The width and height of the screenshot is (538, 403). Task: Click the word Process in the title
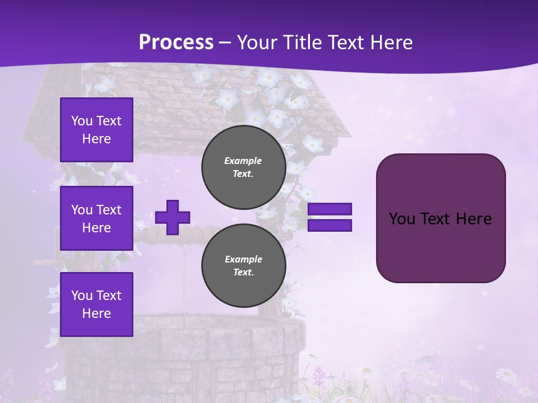pyautogui.click(x=176, y=43)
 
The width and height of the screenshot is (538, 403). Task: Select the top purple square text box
pyautogui.click(x=96, y=130)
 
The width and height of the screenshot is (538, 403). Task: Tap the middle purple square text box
pyautogui.click(x=96, y=218)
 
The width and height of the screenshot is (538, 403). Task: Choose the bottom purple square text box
pyautogui.click(x=96, y=304)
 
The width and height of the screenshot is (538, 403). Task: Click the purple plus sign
pyautogui.click(x=173, y=217)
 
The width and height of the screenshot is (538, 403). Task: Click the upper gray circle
pyautogui.click(x=243, y=167)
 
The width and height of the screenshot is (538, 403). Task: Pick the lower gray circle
pyautogui.click(x=243, y=265)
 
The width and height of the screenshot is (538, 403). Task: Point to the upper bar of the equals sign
pyautogui.click(x=330, y=209)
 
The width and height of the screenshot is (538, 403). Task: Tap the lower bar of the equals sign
pyautogui.click(x=330, y=226)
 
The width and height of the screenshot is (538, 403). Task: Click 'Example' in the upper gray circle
pyautogui.click(x=243, y=161)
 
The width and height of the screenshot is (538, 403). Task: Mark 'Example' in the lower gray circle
pyautogui.click(x=243, y=259)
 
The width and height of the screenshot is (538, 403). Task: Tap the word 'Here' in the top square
pyautogui.click(x=96, y=139)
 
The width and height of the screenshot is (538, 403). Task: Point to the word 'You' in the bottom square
pyautogui.click(x=82, y=296)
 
